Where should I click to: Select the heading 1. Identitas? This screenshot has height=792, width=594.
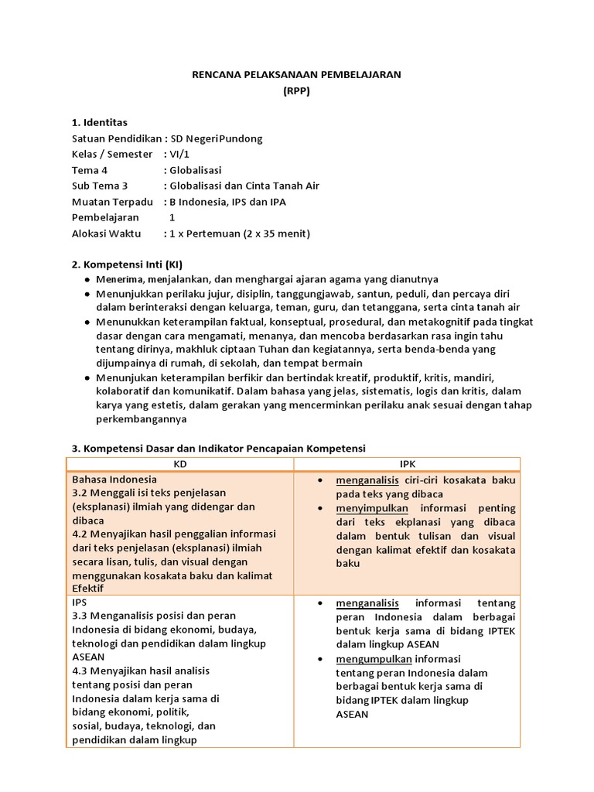pos(100,122)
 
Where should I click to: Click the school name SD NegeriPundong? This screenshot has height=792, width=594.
pos(217,138)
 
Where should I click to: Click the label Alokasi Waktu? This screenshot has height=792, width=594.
pos(107,233)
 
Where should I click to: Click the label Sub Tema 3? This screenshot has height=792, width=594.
pos(100,186)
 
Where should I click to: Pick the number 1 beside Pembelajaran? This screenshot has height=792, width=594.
pos(172,217)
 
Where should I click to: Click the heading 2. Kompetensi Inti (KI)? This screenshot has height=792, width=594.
pos(127,264)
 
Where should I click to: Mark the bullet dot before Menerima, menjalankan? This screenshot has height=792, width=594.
pos(87,279)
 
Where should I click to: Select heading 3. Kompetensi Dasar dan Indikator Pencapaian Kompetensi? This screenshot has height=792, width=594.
pos(218,448)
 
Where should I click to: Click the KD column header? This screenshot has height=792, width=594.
pos(181,464)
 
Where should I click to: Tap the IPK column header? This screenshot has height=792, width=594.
pos(407,464)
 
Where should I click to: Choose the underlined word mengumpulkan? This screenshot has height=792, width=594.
pos(374,659)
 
